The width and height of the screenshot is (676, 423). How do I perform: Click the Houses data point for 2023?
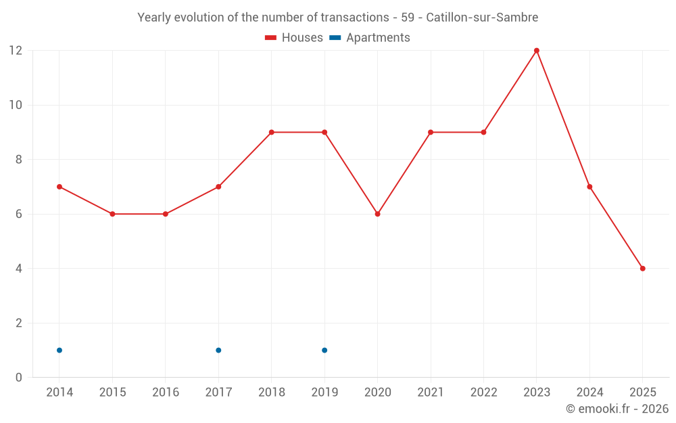click(x=537, y=51)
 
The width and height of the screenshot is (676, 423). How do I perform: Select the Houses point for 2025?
click(x=642, y=269)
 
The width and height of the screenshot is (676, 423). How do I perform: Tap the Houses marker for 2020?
click(x=377, y=214)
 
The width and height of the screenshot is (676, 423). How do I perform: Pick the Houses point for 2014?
click(x=59, y=187)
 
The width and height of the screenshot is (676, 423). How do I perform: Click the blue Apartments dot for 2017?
click(x=218, y=350)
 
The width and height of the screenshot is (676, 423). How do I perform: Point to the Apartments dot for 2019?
click(x=324, y=350)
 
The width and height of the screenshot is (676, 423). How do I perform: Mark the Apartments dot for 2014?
click(x=59, y=350)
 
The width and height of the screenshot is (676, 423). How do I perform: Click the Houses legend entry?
click(x=294, y=38)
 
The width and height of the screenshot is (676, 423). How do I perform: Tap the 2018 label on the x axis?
click(x=271, y=393)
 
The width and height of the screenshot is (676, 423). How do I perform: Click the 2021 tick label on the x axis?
click(x=430, y=393)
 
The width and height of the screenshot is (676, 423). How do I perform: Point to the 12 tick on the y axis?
click(x=16, y=51)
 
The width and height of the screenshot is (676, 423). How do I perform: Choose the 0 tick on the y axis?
click(x=19, y=378)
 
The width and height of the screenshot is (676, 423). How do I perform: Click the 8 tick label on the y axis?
click(x=19, y=160)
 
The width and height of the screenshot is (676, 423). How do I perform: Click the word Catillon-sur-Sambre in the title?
click(x=482, y=18)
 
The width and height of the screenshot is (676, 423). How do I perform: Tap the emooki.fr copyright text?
click(x=617, y=409)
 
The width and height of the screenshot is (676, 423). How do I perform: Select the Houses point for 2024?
click(x=589, y=187)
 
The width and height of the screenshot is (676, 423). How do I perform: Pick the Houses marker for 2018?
click(x=271, y=132)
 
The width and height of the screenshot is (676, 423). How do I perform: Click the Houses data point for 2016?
click(x=165, y=214)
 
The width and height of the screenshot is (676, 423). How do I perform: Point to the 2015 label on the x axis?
click(x=112, y=393)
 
